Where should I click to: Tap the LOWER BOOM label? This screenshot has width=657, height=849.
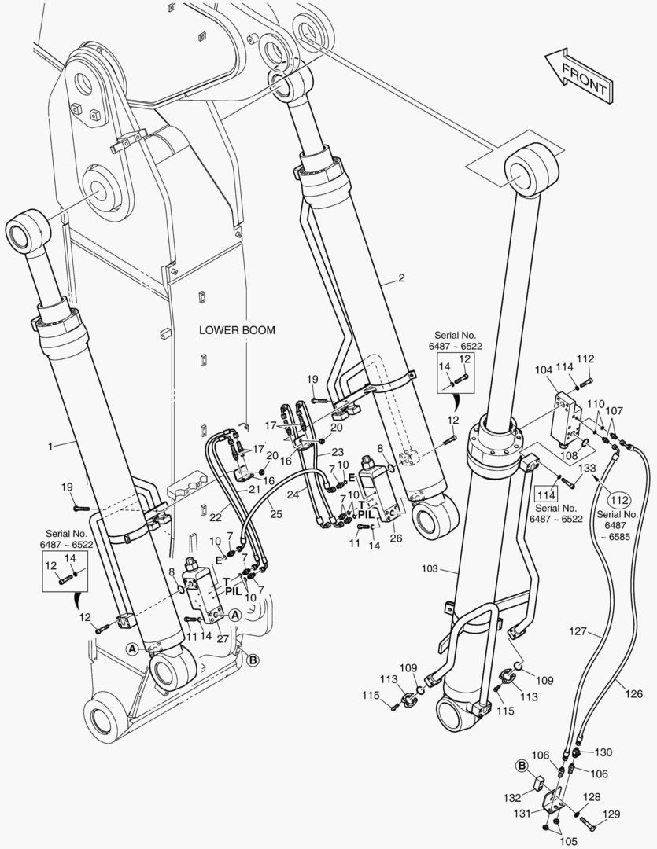(237, 330)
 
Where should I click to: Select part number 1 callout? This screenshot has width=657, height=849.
(50, 446)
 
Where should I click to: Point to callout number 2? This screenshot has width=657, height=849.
(401, 279)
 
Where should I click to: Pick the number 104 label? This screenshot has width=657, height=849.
(544, 369)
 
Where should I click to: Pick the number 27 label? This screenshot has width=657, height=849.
(223, 639)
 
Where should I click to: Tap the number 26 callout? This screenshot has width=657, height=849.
(395, 538)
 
